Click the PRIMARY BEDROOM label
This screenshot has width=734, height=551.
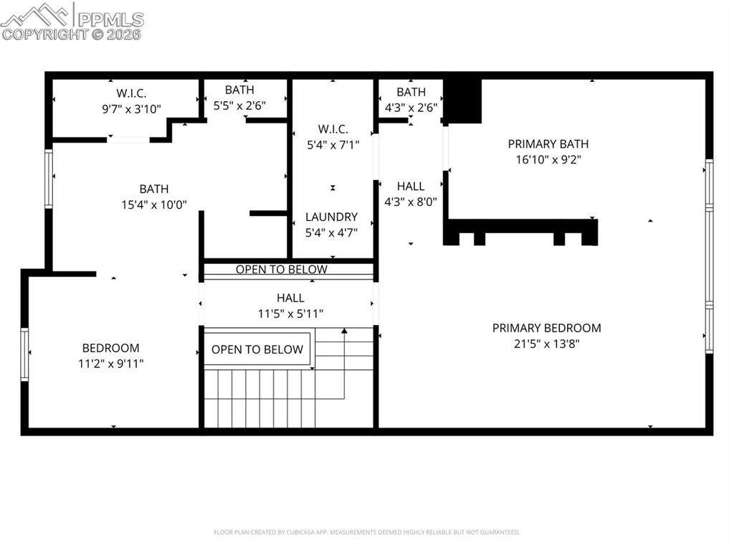[x=546, y=328]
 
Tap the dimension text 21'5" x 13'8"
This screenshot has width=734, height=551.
[x=546, y=344]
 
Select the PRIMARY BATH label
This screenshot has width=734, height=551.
[x=548, y=143]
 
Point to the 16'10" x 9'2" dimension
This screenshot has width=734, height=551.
[x=548, y=159]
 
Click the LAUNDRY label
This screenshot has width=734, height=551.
[x=331, y=217]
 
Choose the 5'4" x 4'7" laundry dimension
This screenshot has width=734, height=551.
[x=331, y=232]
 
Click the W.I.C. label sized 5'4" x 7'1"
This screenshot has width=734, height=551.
[x=333, y=129]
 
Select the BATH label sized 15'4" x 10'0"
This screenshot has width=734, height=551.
[x=154, y=189]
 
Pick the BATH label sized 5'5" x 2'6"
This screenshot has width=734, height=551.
[x=239, y=90]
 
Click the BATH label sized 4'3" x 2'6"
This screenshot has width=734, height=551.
[x=411, y=92]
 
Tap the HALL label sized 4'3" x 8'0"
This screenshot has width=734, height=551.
[x=411, y=187]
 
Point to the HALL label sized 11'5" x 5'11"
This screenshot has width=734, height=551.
[x=290, y=298]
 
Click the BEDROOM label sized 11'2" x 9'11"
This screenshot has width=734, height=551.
[x=110, y=348]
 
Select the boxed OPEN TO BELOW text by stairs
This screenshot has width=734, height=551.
[x=257, y=349]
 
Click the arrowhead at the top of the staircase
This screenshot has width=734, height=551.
[x=345, y=331]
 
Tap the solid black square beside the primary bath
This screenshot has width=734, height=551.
[x=462, y=100]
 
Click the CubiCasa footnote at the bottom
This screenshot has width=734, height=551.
[x=366, y=532]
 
